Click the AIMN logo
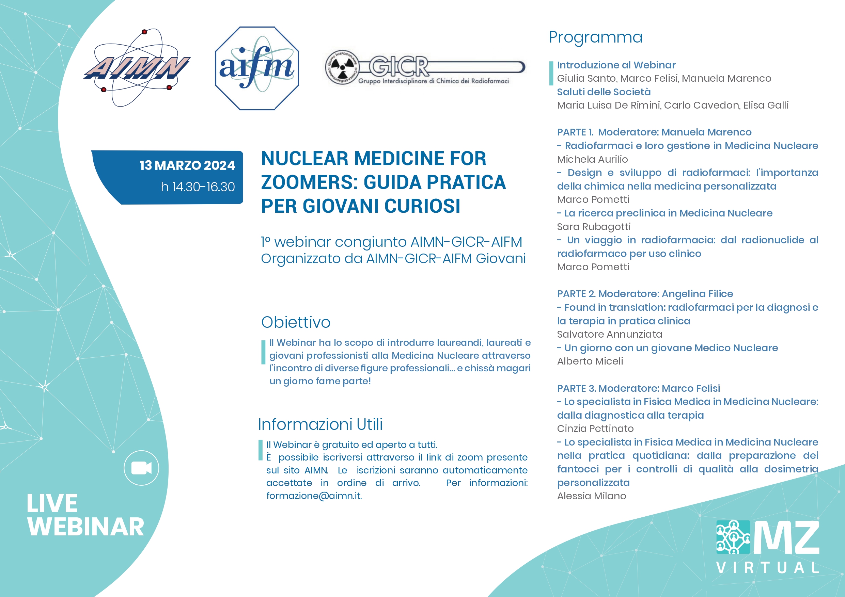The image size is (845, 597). (x=137, y=68)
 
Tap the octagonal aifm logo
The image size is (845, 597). (x=257, y=68)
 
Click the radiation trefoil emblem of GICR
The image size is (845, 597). (x=342, y=67)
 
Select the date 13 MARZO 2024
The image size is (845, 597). (x=187, y=165)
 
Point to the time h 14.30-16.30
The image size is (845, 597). (x=198, y=187)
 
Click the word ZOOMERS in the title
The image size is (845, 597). (x=309, y=182)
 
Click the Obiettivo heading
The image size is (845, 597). (x=296, y=322)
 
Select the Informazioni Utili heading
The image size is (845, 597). (x=320, y=424)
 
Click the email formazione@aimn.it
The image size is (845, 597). (x=314, y=496)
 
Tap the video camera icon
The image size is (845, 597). (x=141, y=468)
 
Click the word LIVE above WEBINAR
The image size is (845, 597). (x=52, y=503)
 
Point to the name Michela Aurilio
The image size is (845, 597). (x=593, y=159)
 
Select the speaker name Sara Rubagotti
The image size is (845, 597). (x=594, y=227)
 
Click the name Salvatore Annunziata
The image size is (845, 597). (x=609, y=334)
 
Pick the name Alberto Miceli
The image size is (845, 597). (x=590, y=361)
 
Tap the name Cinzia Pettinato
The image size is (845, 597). (x=595, y=429)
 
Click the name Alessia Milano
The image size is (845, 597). (x=591, y=496)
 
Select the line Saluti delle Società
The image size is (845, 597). (x=604, y=92)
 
